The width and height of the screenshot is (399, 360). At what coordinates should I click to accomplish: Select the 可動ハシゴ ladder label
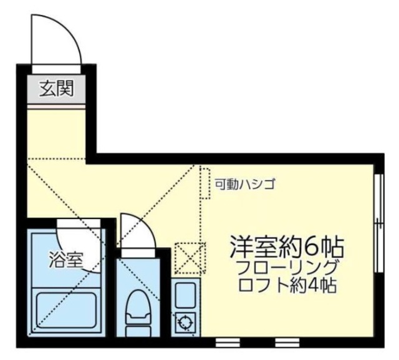244,184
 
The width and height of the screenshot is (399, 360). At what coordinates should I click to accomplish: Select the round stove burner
185,323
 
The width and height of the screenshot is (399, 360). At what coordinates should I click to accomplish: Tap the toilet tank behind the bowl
138,330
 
